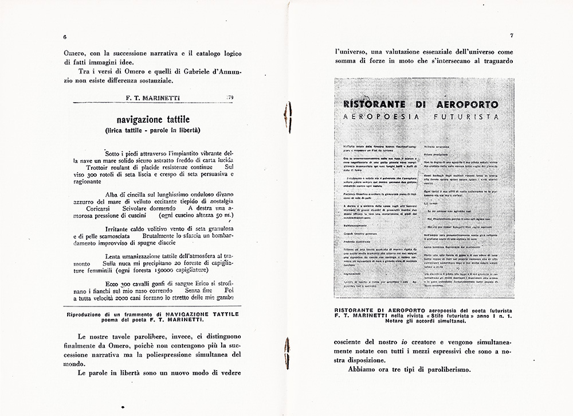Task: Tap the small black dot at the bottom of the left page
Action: coord(123,405)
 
